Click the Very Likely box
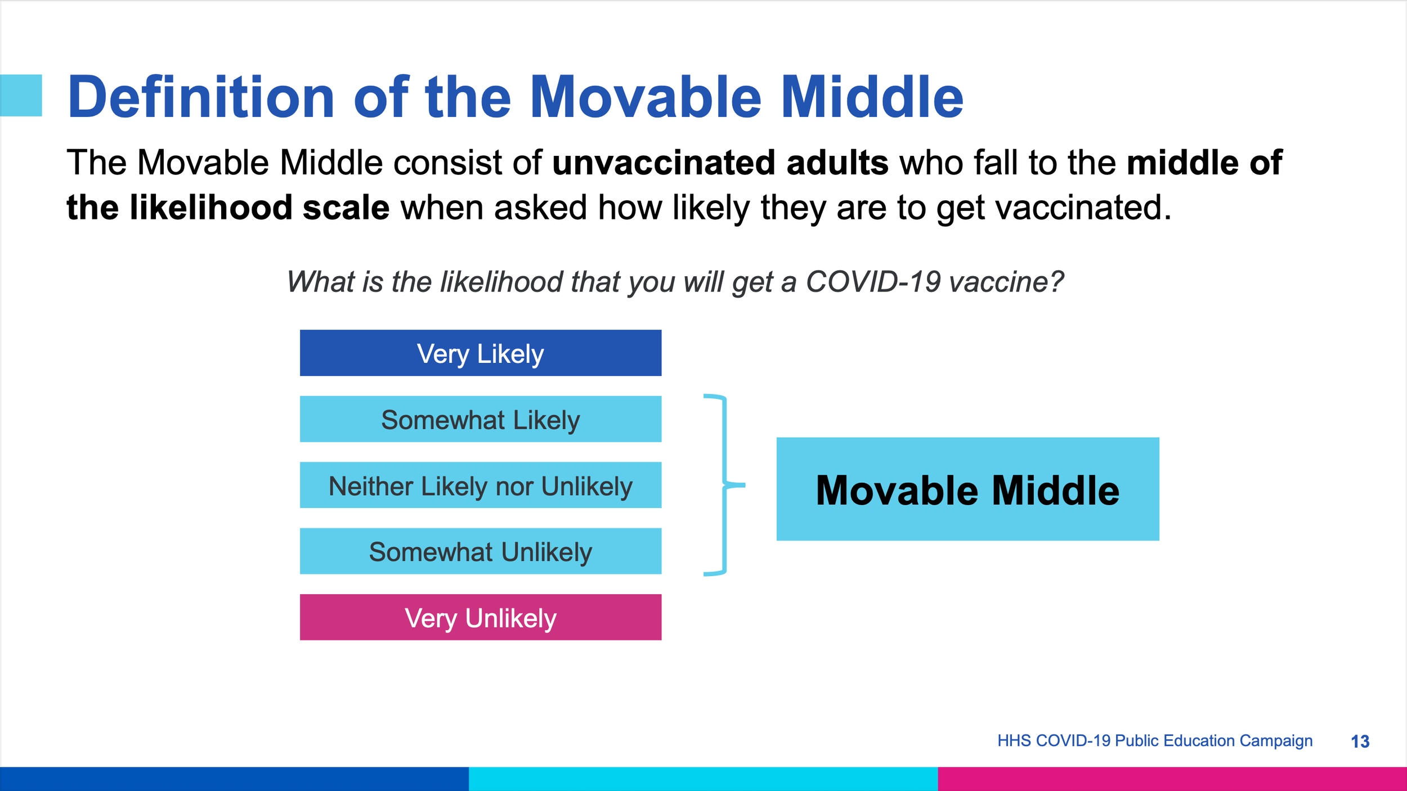click(481, 353)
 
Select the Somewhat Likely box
click(481, 419)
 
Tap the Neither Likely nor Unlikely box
click(481, 485)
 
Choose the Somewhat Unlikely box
click(481, 551)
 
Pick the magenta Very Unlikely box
click(481, 617)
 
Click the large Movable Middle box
click(968, 489)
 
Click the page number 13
click(1360, 741)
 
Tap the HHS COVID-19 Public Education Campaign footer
click(1155, 741)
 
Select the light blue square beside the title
click(21, 96)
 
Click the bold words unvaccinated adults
click(720, 163)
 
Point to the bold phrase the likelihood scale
click(228, 207)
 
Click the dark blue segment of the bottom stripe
click(234, 779)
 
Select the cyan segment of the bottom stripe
click(703, 779)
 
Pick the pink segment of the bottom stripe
click(1172, 779)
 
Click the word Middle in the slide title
click(872, 97)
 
